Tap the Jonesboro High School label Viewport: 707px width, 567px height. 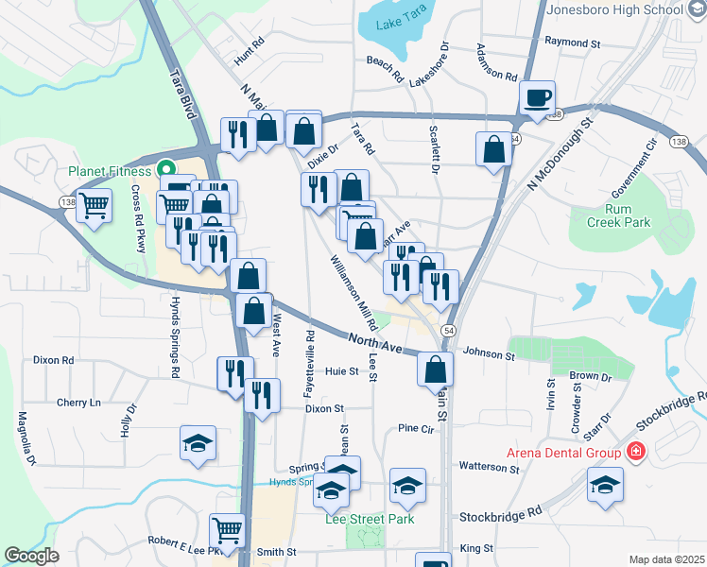coord(614,9)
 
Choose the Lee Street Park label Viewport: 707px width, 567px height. coord(370,519)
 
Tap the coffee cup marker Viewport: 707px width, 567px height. coord(537,96)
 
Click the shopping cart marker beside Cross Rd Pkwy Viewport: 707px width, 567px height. coord(94,204)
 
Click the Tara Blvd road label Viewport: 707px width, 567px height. coord(186,94)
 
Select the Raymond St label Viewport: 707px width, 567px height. coord(573,43)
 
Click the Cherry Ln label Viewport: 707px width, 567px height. coord(78,403)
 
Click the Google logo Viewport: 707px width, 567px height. coord(31,556)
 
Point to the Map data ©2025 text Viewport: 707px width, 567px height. coord(666,559)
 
